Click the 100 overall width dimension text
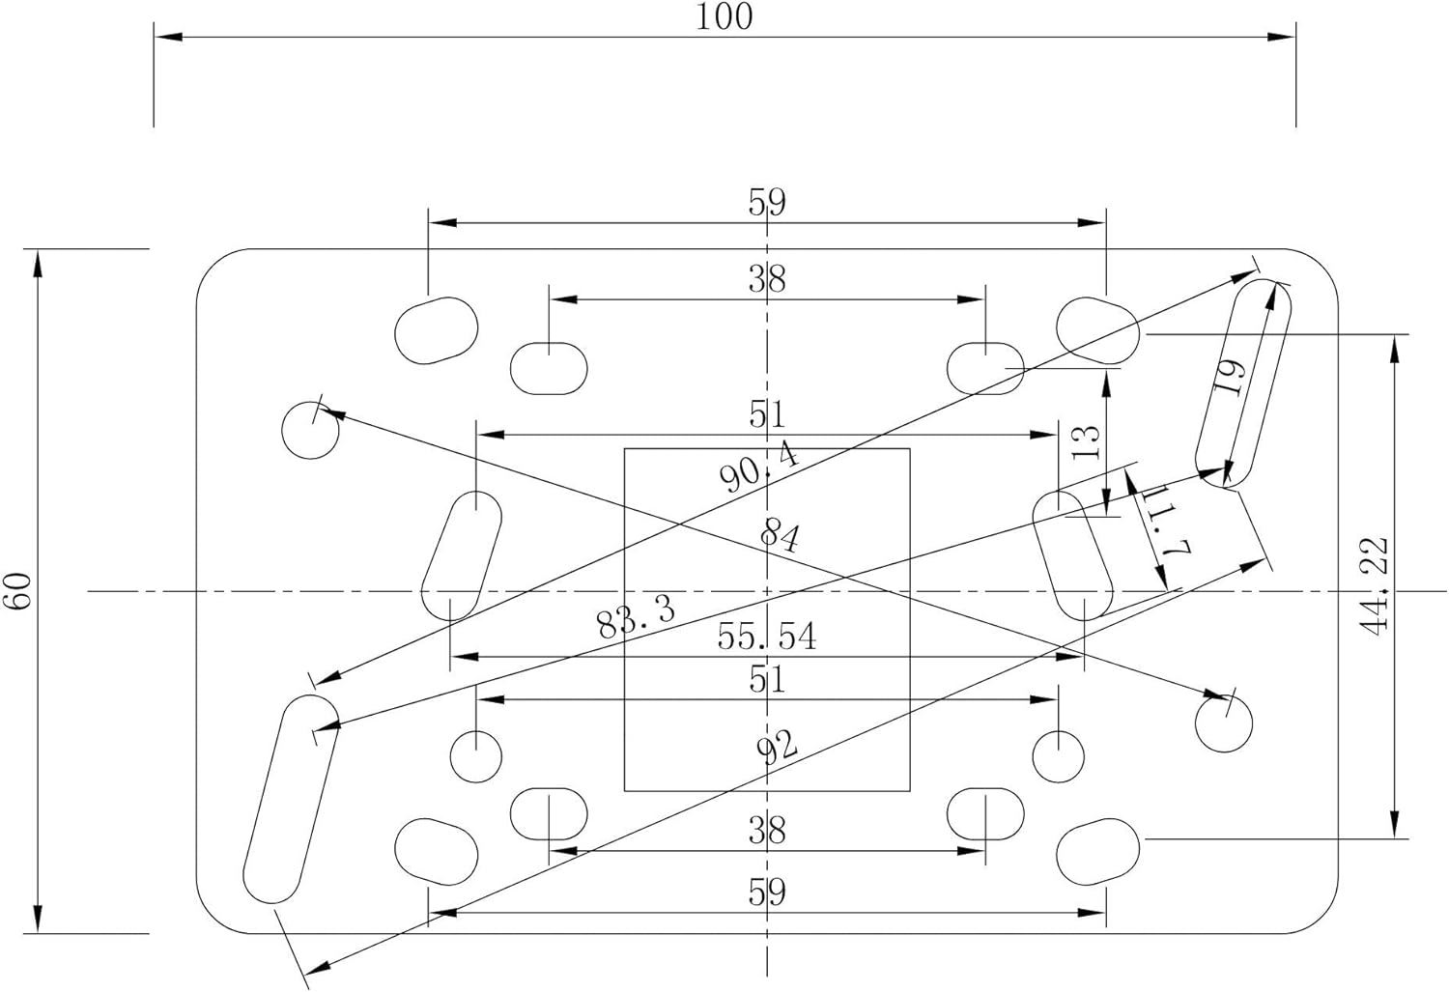tap(724, 17)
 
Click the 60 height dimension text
tap(18, 590)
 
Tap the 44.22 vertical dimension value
tap(1374, 586)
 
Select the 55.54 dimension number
tap(767, 637)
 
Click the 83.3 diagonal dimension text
tap(636, 618)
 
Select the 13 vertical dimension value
tap(1086, 442)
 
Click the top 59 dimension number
tap(767, 203)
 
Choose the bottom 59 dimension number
tap(767, 893)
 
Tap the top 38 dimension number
tap(767, 279)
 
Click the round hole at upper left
tap(310, 430)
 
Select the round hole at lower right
tap(1224, 723)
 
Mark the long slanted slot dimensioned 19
tap(1242, 383)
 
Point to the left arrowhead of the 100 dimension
tap(168, 37)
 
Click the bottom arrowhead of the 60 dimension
tap(38, 920)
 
